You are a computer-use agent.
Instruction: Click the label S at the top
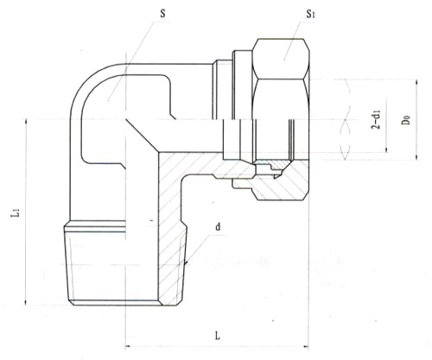(x=162, y=14)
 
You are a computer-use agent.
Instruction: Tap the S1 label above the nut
(x=310, y=14)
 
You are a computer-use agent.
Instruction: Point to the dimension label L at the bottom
(x=218, y=335)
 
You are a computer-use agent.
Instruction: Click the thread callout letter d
(x=218, y=227)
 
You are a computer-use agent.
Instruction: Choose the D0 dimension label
(x=406, y=119)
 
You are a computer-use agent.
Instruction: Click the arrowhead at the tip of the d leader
(x=186, y=262)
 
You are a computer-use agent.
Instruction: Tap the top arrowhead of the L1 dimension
(x=26, y=122)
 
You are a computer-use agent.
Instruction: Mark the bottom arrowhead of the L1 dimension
(x=26, y=302)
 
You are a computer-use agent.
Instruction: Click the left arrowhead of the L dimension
(x=129, y=346)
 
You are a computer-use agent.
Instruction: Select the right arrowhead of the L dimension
(x=305, y=346)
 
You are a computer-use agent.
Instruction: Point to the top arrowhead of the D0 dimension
(x=416, y=83)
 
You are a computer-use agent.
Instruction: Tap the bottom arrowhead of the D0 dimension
(x=416, y=156)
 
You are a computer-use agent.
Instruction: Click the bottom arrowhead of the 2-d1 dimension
(x=386, y=149)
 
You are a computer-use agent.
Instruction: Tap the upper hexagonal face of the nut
(x=281, y=59)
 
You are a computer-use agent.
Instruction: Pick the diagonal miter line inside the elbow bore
(x=142, y=136)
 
